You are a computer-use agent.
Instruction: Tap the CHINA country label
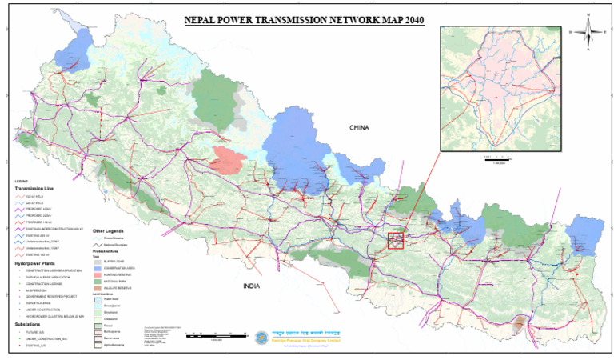pyautogui.click(x=361, y=128)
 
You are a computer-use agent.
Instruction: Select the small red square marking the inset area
pyautogui.click(x=395, y=240)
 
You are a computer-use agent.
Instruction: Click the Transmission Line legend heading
pyautogui.click(x=34, y=189)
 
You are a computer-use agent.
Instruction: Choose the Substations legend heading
pyautogui.click(x=29, y=324)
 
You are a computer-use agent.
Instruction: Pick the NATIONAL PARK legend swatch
pyautogui.click(x=98, y=281)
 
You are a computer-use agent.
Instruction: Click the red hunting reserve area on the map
pyautogui.click(x=227, y=160)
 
